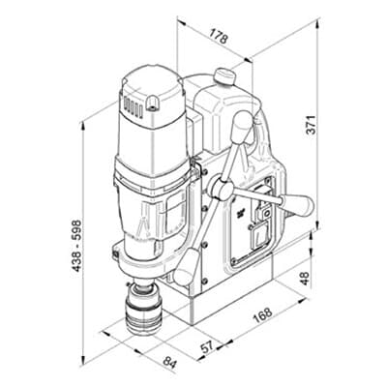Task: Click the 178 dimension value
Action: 219,37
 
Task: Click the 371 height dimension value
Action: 312,124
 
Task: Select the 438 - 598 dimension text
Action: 76,246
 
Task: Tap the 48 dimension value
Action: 305,278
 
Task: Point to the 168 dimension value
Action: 262,315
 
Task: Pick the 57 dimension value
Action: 207,346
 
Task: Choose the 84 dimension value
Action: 170,362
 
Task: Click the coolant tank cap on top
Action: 223,76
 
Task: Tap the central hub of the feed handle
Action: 221,190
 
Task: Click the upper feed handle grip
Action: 242,127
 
